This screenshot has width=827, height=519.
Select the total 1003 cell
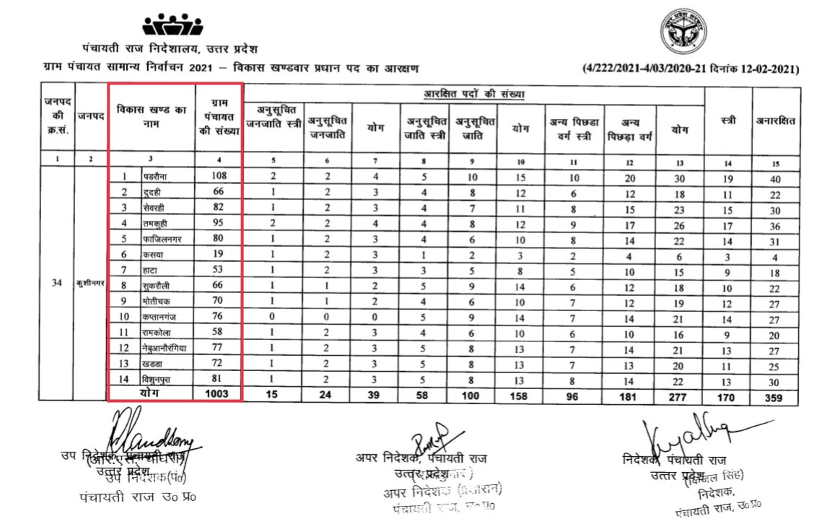click(x=218, y=394)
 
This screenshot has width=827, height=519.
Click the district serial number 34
click(x=56, y=282)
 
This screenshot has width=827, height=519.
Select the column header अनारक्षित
click(x=776, y=121)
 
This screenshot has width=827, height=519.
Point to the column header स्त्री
click(x=728, y=121)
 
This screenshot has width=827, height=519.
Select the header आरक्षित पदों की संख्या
click(x=473, y=95)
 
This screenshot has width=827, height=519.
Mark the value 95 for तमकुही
click(x=218, y=224)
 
